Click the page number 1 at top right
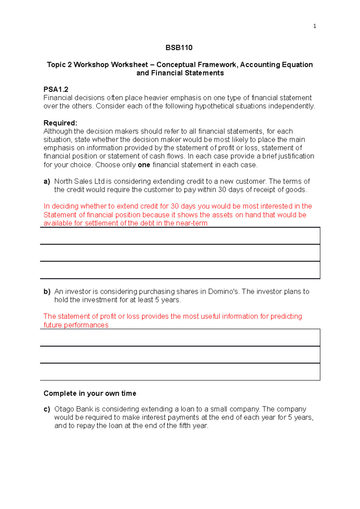pyautogui.click(x=314, y=26)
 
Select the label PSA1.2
pyautogui.click(x=56, y=89)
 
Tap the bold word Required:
pyautogui.click(x=60, y=123)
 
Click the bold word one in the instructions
pyautogui.click(x=144, y=165)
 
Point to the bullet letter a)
pyautogui.click(x=46, y=181)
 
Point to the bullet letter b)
pyautogui.click(x=47, y=291)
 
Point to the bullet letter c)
pyautogui.click(x=46, y=409)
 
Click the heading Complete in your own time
pyautogui.click(x=90, y=393)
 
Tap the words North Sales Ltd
pyautogui.click(x=79, y=181)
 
